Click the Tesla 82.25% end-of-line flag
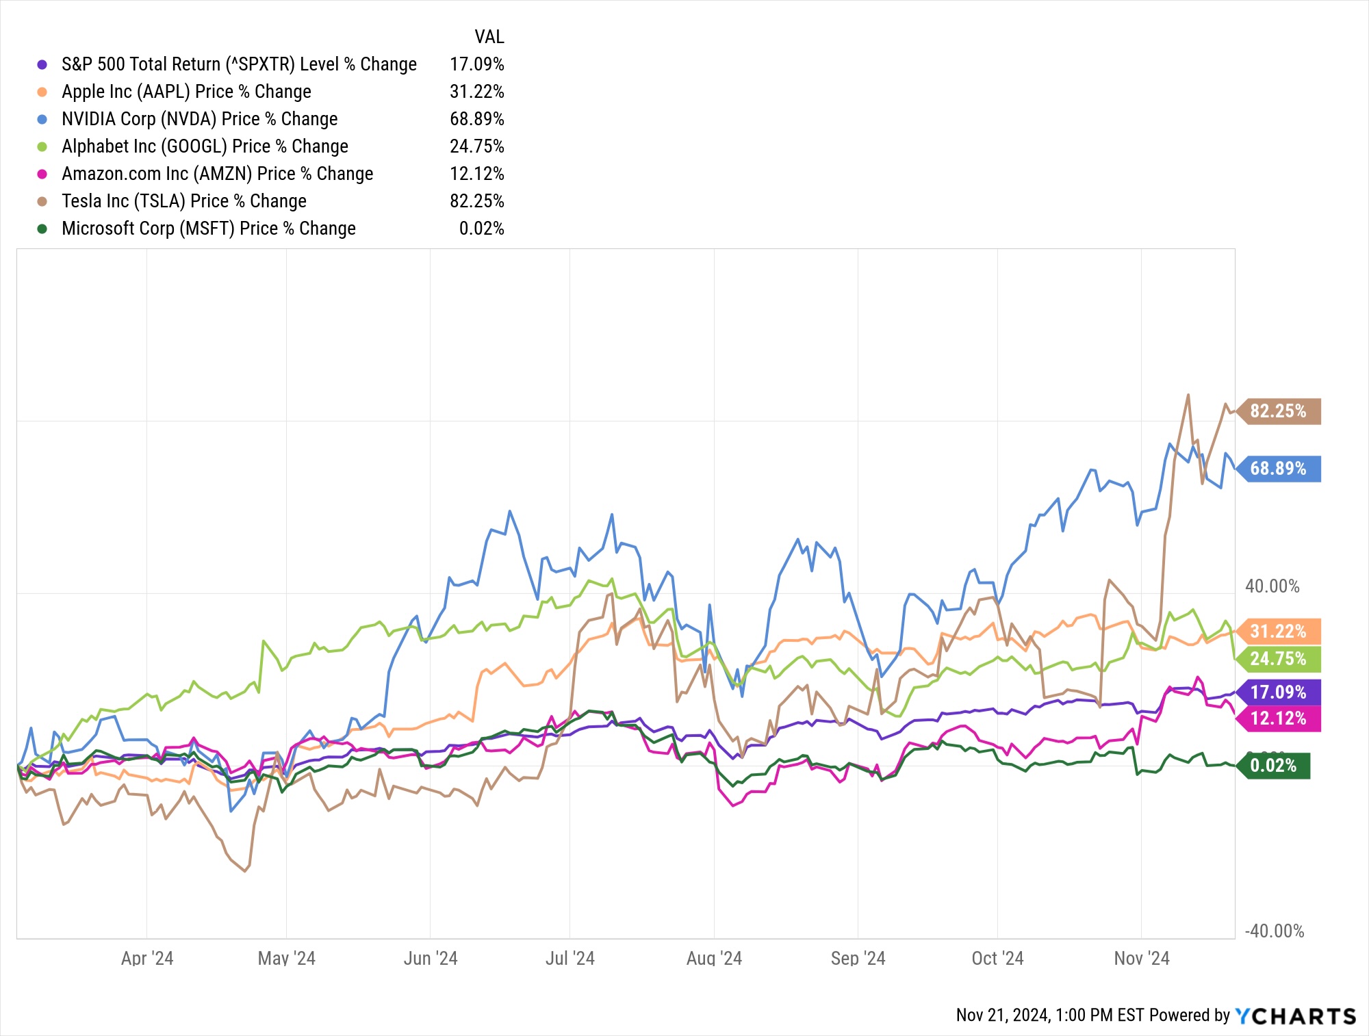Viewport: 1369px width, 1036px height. point(1278,411)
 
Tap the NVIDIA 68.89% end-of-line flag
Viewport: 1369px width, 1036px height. point(1278,469)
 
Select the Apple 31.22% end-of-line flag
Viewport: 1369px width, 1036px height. point(1278,631)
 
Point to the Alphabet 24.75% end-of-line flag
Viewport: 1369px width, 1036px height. point(1278,659)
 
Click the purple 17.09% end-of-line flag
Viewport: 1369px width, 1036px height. point(1278,692)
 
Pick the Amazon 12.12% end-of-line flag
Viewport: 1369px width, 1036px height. point(1278,718)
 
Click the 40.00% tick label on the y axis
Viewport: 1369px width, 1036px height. point(1272,586)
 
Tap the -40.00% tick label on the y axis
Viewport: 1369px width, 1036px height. point(1274,931)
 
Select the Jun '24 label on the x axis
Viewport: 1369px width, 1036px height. point(431,958)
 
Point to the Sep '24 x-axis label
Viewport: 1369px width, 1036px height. point(858,958)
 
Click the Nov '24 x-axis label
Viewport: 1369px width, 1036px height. point(1141,958)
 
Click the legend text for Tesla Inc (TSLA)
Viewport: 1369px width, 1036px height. point(184,201)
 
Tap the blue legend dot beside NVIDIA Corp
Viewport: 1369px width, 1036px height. point(42,119)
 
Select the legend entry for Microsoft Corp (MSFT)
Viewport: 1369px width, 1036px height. point(209,229)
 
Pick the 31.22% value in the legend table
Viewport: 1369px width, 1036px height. point(476,92)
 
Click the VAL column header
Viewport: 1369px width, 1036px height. point(489,37)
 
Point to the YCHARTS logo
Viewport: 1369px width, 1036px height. point(1295,1016)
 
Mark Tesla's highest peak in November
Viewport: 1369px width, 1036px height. point(1188,395)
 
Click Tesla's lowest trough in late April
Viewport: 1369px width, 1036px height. point(245,871)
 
